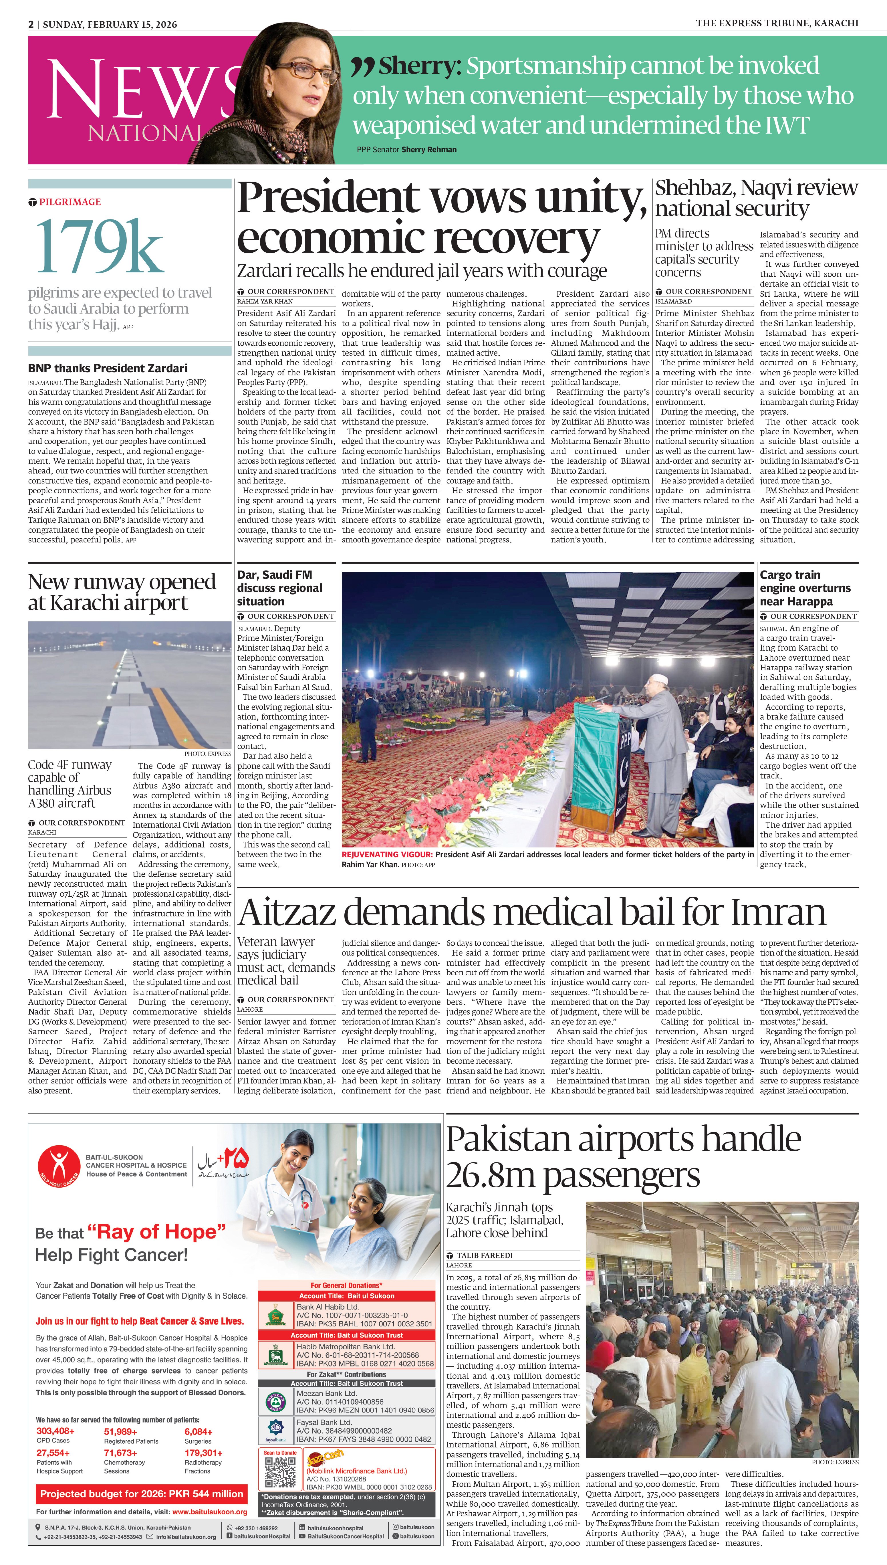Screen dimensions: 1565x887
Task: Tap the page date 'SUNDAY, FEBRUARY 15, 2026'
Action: tap(110, 24)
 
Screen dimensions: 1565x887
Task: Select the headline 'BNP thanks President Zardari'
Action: tap(107, 368)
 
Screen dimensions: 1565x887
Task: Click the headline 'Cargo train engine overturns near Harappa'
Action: tap(805, 588)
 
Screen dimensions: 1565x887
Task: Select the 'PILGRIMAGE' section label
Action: tap(70, 202)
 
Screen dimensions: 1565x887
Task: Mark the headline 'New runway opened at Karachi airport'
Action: tap(122, 592)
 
